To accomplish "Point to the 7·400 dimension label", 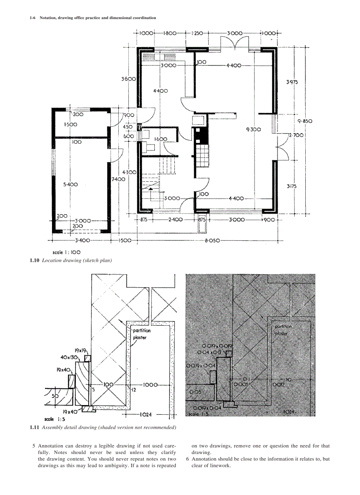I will (118, 179).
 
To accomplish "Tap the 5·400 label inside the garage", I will (70, 185).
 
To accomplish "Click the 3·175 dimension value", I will (292, 186).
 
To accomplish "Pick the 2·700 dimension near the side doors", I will (296, 135).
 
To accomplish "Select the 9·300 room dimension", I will (254, 130).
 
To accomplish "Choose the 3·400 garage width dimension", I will (82, 241).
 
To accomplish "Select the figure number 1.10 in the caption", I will (34, 261).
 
